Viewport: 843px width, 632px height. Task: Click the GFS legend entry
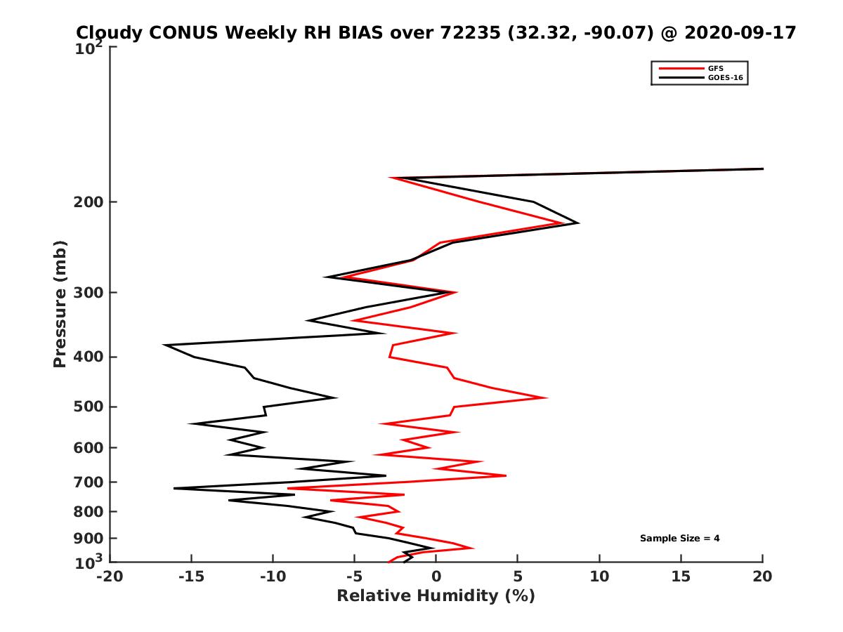click(x=715, y=68)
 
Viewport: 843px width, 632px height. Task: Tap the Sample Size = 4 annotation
click(x=679, y=539)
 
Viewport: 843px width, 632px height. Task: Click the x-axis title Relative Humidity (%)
click(x=436, y=596)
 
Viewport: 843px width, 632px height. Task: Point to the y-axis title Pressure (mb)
click(x=60, y=304)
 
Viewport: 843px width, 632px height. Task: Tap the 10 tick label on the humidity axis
click(x=599, y=577)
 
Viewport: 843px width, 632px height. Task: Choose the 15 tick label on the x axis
click(x=681, y=577)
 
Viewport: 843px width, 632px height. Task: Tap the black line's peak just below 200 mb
click(x=577, y=223)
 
